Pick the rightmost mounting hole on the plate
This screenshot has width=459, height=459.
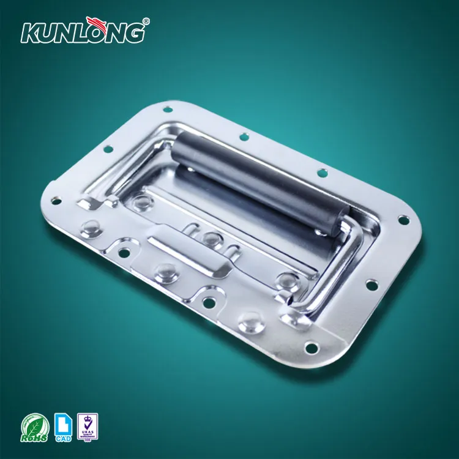click(x=403, y=218)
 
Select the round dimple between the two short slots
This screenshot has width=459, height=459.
click(x=212, y=237)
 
